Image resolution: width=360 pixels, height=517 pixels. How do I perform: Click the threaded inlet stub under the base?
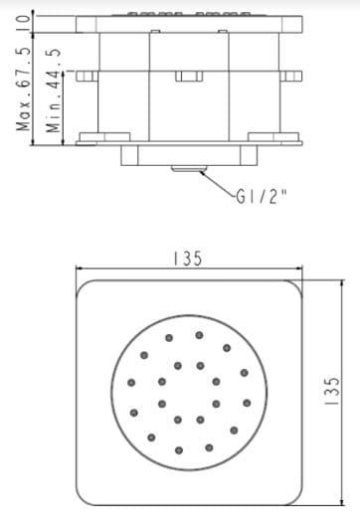coord(183,168)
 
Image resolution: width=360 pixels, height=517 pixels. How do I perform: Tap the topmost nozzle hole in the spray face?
coord(199,335)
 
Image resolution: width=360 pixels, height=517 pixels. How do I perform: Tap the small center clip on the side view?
coord(185,76)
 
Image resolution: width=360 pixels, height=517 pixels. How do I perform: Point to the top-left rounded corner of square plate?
coord(86,288)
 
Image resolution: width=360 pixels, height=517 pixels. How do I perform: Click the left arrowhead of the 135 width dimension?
coord(81,268)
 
